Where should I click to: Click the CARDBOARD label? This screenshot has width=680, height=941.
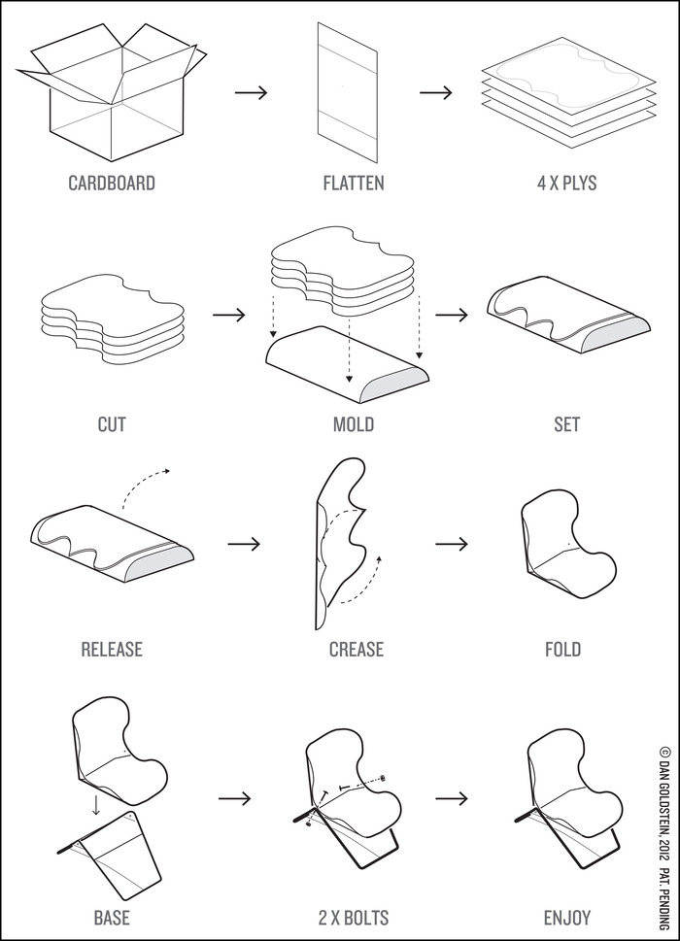point(111,183)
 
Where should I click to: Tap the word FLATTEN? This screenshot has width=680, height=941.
point(354,183)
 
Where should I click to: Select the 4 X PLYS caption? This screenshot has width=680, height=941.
point(566,183)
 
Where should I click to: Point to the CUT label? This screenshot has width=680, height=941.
point(111,424)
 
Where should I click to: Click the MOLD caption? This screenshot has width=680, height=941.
point(353,424)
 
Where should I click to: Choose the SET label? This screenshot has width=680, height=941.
point(566,424)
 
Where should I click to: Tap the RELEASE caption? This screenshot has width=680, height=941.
point(111,649)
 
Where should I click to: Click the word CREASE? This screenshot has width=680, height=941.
point(356,649)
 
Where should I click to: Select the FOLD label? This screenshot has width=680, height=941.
point(562,649)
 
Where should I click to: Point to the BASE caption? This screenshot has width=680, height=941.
point(111,916)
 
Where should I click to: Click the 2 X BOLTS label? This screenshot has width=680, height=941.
point(355,916)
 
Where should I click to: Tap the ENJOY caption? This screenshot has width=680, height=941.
point(566,916)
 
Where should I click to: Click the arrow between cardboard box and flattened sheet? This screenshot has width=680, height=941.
point(251,93)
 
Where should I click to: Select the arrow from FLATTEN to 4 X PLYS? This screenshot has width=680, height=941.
point(436,93)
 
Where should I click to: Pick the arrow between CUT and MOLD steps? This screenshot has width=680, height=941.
point(227,316)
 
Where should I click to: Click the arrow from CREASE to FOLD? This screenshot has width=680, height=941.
point(452,543)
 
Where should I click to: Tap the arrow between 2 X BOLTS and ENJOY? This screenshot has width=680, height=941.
point(452,798)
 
